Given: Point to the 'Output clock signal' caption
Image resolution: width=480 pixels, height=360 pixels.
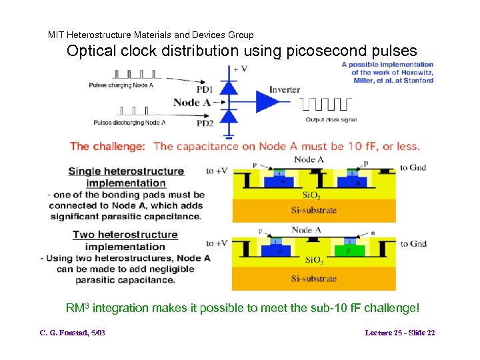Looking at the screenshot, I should (331, 120).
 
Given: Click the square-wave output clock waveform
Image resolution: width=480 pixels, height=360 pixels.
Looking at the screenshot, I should (325, 103).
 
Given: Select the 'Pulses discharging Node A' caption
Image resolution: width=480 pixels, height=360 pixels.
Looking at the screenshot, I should (129, 122).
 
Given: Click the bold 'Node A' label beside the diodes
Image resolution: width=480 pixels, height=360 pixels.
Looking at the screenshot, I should (195, 103).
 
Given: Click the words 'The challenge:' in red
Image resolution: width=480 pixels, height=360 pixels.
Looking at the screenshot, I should (107, 146).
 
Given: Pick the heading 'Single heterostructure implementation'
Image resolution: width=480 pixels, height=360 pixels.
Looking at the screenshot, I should (126, 177).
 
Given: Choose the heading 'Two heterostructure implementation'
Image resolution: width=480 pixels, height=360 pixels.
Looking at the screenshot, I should (125, 241).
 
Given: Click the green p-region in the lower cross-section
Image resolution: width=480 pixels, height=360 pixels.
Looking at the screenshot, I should (354, 251).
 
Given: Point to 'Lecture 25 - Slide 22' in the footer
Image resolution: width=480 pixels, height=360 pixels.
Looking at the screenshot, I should (400, 333).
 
